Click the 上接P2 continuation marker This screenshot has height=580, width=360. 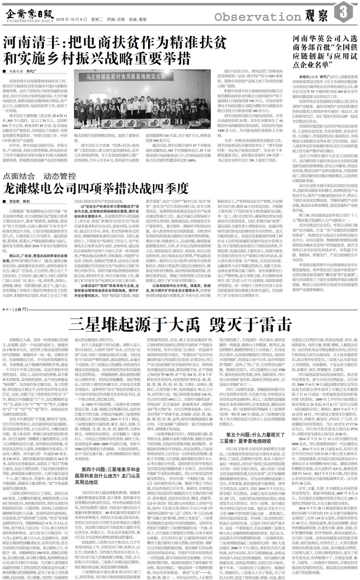click(x=14, y=279)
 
